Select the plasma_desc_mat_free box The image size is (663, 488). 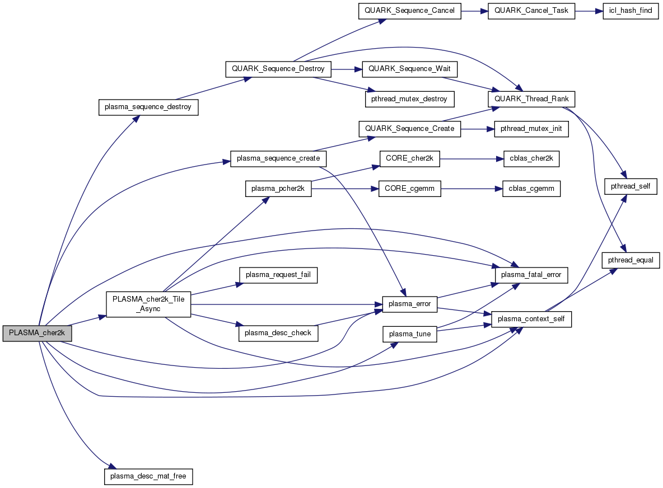(x=148, y=476)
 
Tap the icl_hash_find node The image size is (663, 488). (x=627, y=11)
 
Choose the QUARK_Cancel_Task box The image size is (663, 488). (x=531, y=11)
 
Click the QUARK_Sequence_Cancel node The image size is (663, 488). (x=409, y=11)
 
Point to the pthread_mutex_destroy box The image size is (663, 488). (x=409, y=99)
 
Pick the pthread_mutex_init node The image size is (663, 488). (x=531, y=129)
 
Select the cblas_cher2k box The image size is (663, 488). (x=527, y=159)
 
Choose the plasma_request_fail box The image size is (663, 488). (x=278, y=275)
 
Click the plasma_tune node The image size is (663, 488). (x=409, y=334)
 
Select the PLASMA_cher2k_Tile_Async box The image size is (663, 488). (x=148, y=304)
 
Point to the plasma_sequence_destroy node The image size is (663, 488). (x=148, y=107)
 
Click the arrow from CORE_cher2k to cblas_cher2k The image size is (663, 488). (x=468, y=159)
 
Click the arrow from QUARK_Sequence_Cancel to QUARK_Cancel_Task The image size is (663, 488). (x=474, y=11)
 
